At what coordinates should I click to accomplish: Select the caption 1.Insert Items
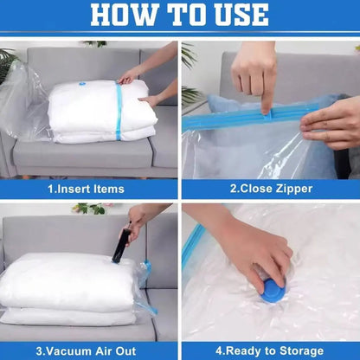87,189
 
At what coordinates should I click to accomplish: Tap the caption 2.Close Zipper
269,189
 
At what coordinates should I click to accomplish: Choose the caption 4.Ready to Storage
269,350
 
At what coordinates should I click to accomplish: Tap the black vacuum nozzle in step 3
119,247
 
